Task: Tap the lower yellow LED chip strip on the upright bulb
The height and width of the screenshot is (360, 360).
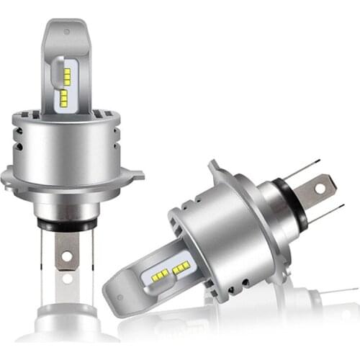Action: (64, 96)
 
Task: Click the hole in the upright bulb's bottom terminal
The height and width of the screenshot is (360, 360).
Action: (67, 254)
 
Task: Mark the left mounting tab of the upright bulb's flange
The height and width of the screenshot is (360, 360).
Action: (6, 175)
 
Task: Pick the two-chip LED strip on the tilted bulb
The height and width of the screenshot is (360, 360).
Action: (181, 267)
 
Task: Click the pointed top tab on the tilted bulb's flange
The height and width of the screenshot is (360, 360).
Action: (213, 166)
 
